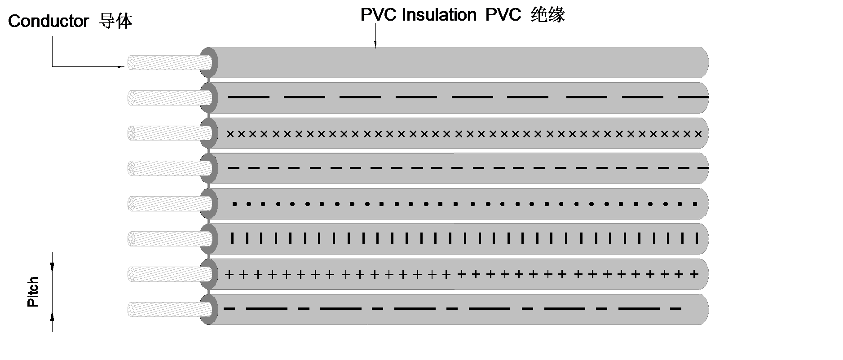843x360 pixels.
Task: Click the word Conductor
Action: [49, 22]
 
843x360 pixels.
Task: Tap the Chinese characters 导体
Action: [115, 21]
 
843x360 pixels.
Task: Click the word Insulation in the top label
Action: [439, 15]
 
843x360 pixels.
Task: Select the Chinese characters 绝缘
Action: [547, 15]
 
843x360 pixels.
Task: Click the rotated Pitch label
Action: [33, 292]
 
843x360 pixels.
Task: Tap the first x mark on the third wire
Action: [230, 134]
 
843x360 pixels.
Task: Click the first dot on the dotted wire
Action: [234, 204]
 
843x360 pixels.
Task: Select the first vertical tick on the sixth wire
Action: [232, 238]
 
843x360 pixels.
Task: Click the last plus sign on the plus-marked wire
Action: [695, 274]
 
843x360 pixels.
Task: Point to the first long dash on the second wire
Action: [249, 97]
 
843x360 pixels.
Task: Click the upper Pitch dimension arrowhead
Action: [52, 268]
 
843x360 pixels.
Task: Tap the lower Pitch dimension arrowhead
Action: [52, 316]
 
